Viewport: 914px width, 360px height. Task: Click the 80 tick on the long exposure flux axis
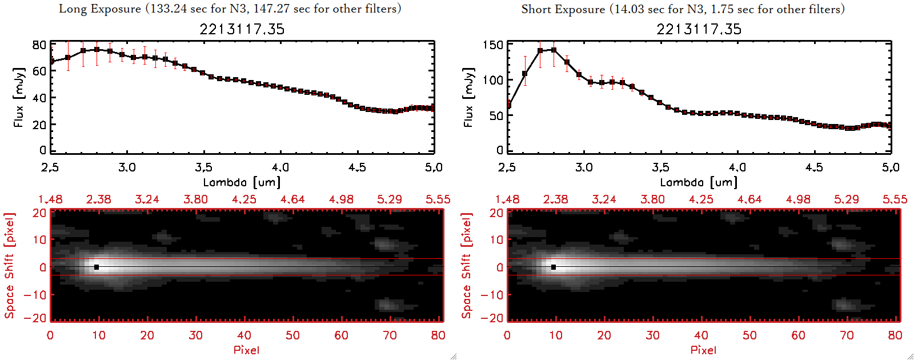pyautogui.click(x=39, y=45)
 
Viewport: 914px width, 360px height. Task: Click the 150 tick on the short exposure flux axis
pyautogui.click(x=493, y=45)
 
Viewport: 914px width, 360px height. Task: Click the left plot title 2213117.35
pyautogui.click(x=242, y=29)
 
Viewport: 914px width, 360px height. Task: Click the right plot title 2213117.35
pyautogui.click(x=699, y=29)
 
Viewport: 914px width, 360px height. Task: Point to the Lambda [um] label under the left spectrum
pyautogui.click(x=242, y=182)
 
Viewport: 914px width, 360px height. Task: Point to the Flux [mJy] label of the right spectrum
pyautogui.click(x=468, y=97)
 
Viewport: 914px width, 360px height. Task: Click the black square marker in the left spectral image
pyautogui.click(x=97, y=267)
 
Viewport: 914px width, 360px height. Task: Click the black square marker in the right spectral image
pyautogui.click(x=554, y=267)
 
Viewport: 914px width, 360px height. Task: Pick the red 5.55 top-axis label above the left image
pyautogui.click(x=438, y=199)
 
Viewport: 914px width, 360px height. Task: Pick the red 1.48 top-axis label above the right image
pyautogui.click(x=507, y=199)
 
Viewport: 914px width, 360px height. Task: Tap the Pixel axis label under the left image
pyautogui.click(x=246, y=350)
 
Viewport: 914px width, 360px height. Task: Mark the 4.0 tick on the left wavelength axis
pyautogui.click(x=280, y=167)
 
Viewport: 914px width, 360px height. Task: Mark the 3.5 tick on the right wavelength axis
pyautogui.click(x=660, y=167)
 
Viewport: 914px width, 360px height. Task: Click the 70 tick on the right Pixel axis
pyautogui.click(x=847, y=335)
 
